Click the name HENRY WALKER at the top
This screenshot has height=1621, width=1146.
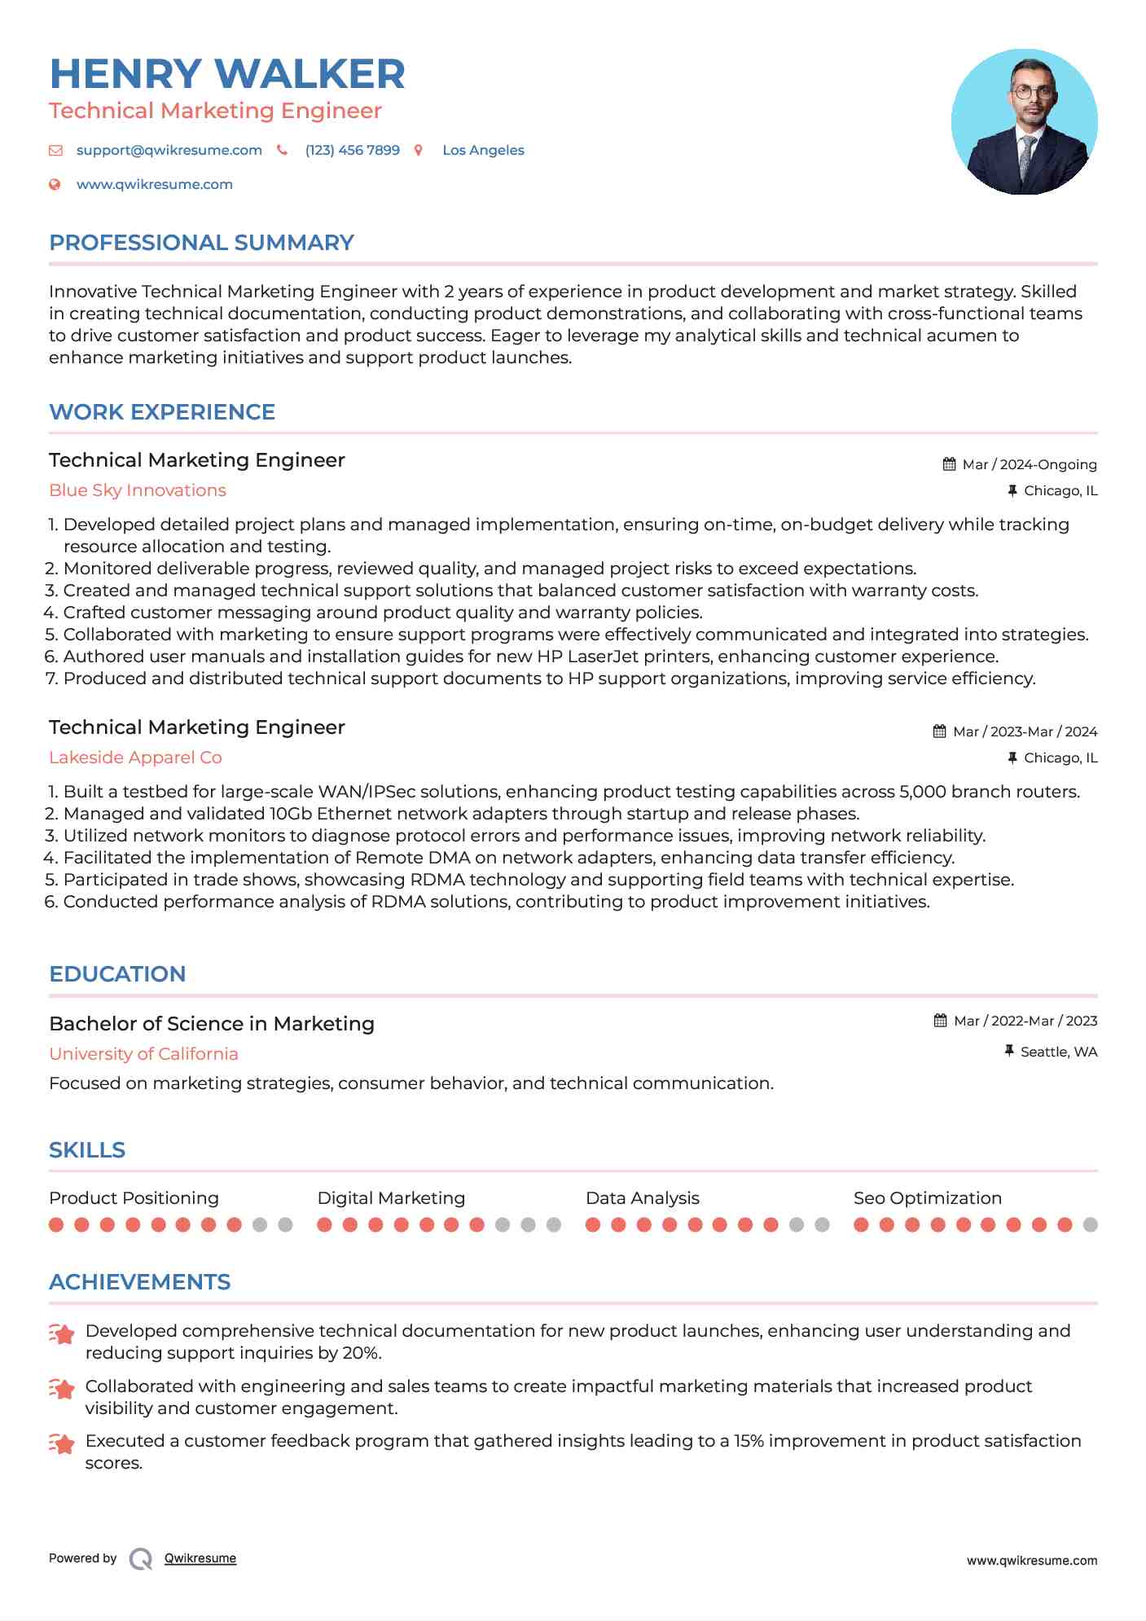point(227,74)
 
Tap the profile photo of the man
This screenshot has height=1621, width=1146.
point(1024,122)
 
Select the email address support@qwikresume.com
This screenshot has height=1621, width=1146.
point(169,151)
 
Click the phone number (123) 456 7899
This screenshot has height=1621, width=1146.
point(352,151)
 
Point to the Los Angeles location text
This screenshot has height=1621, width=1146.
point(483,151)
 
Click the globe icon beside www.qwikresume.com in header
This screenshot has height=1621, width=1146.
point(55,185)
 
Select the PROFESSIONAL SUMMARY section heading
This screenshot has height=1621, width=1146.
point(201,243)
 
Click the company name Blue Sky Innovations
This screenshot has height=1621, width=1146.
point(138,490)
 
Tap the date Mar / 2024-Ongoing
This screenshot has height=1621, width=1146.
point(1029,465)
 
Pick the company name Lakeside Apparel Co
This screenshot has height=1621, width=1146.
point(135,758)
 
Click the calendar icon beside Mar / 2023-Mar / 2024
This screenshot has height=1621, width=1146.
point(939,731)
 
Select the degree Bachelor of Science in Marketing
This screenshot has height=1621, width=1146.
point(212,1024)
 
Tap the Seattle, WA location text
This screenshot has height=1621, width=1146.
point(1058,1052)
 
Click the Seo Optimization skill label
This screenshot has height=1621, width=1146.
point(927,1198)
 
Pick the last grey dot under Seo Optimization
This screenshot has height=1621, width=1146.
point(1090,1225)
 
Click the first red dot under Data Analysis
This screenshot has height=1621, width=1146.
point(593,1225)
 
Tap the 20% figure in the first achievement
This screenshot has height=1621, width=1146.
point(362,1353)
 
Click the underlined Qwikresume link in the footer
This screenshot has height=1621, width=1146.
point(200,1558)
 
